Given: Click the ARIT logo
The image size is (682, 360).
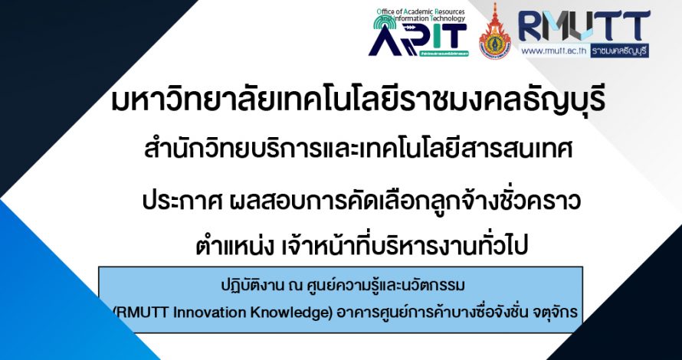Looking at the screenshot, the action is click(x=418, y=32).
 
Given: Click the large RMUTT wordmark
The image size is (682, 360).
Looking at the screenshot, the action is click(x=584, y=26).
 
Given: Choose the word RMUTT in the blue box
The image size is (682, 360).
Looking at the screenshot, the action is click(x=141, y=314).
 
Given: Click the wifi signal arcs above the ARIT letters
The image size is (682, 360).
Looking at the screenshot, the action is click(x=382, y=21).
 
